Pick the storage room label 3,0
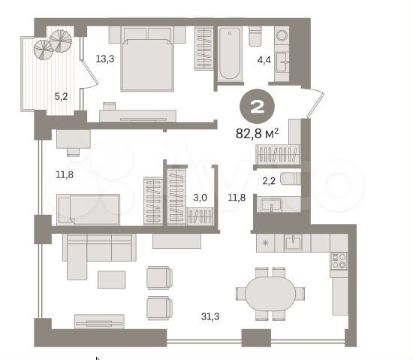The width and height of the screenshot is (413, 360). point(199,198)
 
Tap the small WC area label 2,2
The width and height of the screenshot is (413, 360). point(268,181)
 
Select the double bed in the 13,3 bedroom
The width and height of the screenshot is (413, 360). point(147,60)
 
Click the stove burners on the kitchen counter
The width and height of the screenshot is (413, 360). point(339,260)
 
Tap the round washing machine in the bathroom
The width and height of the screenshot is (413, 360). point(282,35)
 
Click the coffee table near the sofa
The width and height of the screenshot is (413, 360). point(112,279)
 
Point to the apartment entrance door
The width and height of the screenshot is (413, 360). point(314,101)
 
